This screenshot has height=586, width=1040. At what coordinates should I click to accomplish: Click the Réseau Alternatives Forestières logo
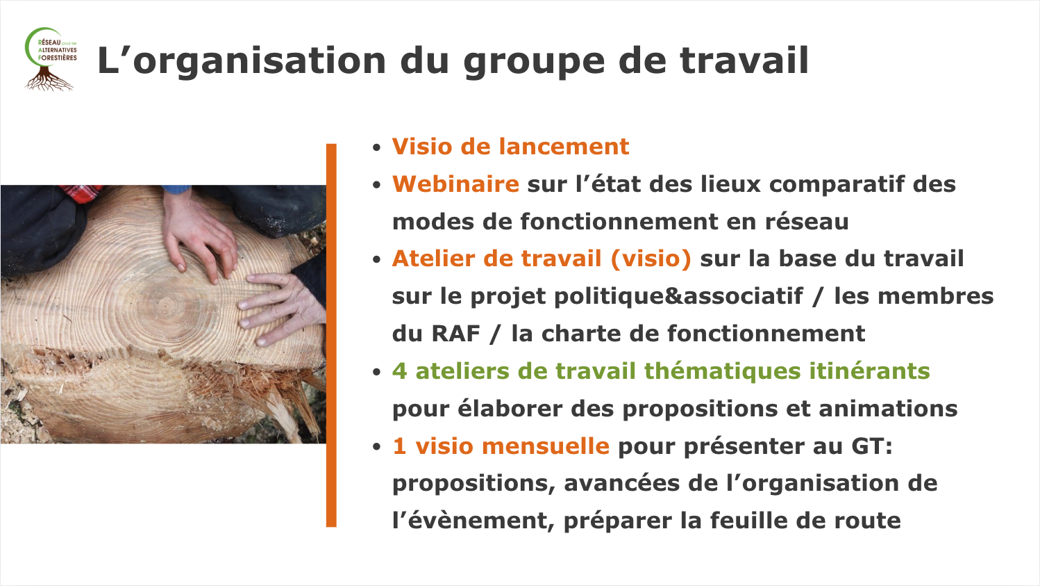pos(51,59)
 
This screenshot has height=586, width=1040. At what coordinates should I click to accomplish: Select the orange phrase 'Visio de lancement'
pos(510,147)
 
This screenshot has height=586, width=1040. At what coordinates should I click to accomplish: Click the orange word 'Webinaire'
pos(455,184)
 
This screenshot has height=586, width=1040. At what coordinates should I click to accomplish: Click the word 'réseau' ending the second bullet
pos(807,221)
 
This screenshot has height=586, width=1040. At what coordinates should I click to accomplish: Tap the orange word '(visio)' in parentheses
pos(651,259)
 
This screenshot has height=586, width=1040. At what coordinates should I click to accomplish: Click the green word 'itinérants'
pos(869,371)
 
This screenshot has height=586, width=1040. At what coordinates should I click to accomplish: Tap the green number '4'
pos(399,371)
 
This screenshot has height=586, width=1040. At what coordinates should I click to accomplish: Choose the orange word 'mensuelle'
pos(545,446)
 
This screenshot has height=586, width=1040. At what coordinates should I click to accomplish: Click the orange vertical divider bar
pos(331,335)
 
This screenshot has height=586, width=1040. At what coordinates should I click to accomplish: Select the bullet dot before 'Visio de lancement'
pos(376,148)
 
